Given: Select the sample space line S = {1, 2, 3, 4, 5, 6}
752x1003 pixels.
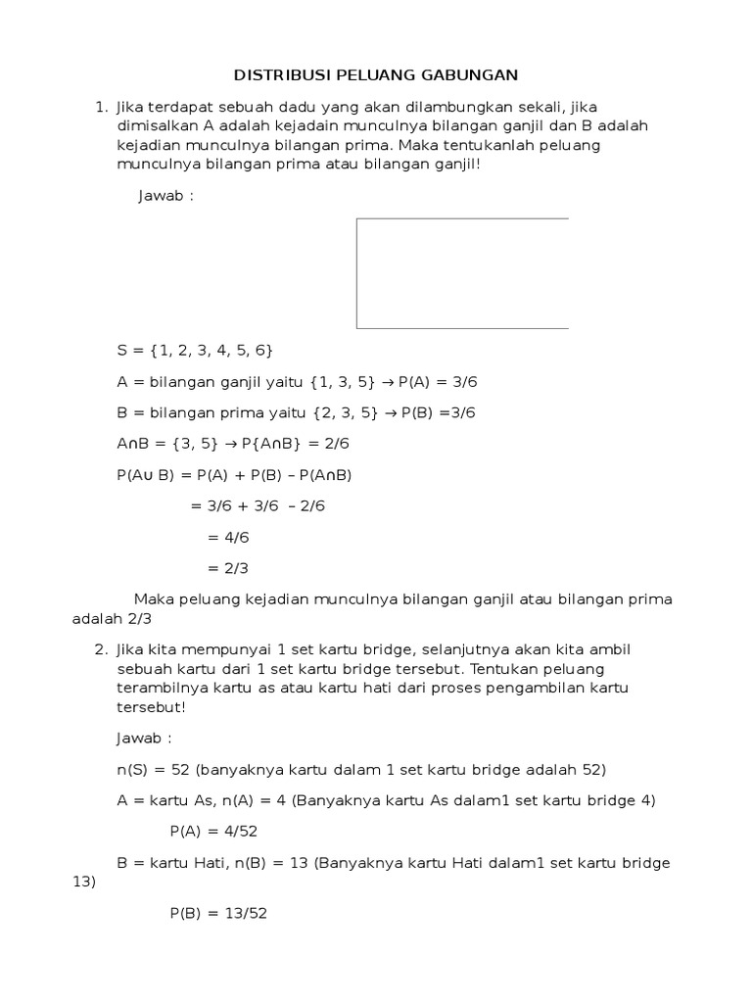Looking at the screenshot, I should tap(194, 350).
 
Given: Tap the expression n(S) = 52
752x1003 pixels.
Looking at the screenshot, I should tap(153, 769).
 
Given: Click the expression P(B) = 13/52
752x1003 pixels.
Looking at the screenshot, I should tap(218, 913).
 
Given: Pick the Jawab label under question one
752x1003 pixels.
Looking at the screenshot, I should tap(165, 195).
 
